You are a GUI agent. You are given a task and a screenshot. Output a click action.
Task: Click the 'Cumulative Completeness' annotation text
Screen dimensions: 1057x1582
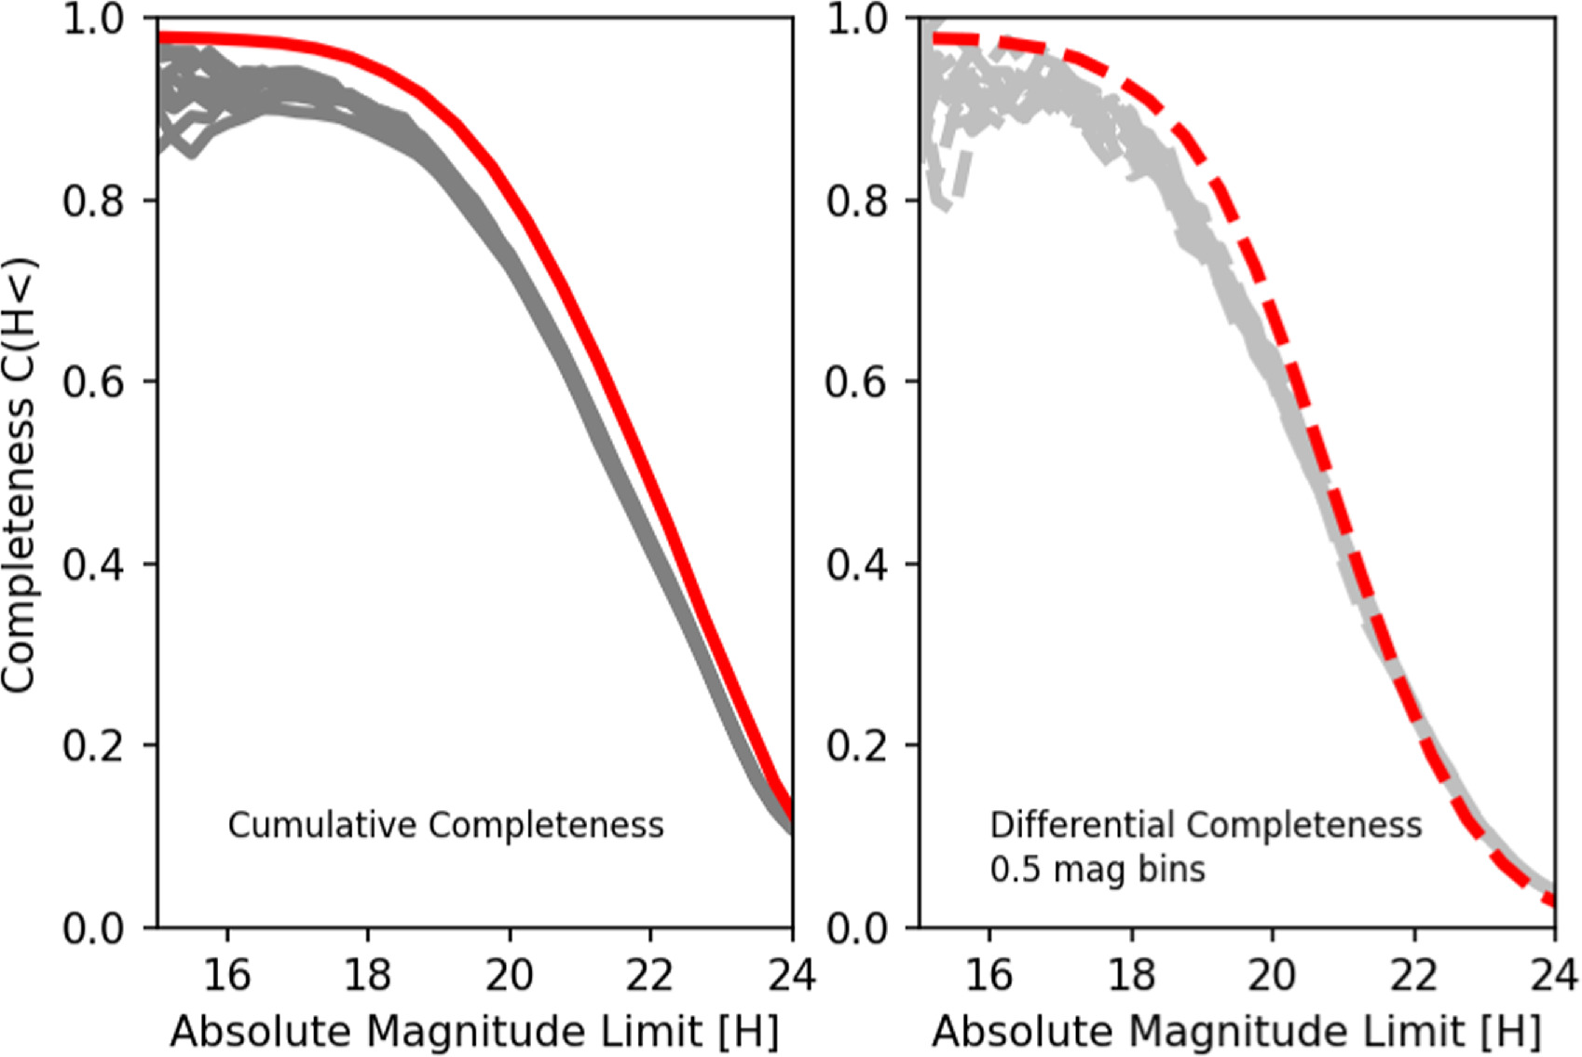click(x=445, y=826)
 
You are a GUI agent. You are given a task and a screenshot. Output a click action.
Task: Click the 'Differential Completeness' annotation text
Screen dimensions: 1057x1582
click(x=1206, y=826)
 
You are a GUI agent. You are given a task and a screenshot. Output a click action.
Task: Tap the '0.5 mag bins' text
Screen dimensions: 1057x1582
click(x=1097, y=870)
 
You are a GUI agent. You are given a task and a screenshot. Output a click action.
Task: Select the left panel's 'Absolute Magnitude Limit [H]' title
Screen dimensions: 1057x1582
click(x=474, y=1032)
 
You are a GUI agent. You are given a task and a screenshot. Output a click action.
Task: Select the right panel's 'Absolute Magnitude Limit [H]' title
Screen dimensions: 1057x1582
click(x=1236, y=1032)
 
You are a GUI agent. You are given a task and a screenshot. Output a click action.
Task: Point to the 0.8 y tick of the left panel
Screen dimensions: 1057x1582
click(x=93, y=200)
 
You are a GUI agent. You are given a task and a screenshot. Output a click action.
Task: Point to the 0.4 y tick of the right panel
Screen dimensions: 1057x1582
click(x=855, y=564)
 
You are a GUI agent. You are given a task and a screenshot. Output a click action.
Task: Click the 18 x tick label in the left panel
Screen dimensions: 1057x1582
click(x=367, y=975)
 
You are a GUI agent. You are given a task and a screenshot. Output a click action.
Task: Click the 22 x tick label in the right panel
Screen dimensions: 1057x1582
click(x=1413, y=975)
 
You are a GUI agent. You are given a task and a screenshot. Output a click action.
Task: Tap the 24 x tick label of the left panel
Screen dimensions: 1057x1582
click(x=791, y=975)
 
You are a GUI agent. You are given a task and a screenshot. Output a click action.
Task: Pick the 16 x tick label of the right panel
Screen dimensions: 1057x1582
click(x=989, y=975)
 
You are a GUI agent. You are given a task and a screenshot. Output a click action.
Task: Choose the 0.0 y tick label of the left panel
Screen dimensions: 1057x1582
click(x=93, y=927)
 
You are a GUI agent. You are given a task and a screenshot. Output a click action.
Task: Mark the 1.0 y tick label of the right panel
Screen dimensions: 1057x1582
click(x=855, y=21)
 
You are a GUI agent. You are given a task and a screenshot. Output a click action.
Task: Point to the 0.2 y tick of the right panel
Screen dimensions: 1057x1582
click(x=855, y=746)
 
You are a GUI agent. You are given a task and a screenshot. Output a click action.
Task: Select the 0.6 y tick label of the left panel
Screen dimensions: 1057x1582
click(x=93, y=382)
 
